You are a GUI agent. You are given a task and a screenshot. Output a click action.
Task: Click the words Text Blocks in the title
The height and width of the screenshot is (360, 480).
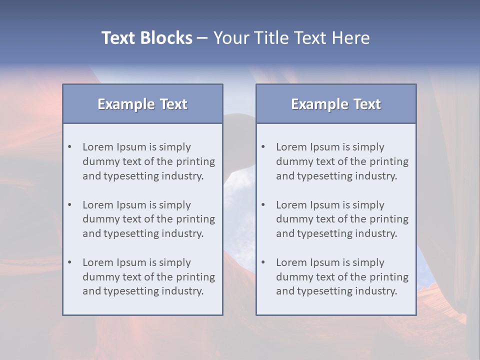pyautogui.click(x=146, y=38)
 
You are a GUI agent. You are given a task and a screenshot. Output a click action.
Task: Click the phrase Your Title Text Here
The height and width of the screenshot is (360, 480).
pyautogui.click(x=291, y=38)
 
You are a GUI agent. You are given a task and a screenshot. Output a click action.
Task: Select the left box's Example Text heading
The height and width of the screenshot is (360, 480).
pyautogui.click(x=142, y=104)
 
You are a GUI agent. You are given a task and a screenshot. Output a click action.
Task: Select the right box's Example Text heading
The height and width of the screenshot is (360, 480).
pyautogui.click(x=336, y=104)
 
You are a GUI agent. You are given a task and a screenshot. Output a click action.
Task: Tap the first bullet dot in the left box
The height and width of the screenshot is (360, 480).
pyautogui.click(x=70, y=147)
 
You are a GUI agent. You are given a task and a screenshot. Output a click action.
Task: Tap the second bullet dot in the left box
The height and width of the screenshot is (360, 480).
pyautogui.click(x=70, y=205)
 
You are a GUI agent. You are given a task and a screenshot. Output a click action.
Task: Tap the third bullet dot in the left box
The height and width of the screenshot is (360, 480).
pyautogui.click(x=70, y=262)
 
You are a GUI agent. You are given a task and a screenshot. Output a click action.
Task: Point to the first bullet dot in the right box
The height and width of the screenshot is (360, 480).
pyautogui.click(x=263, y=147)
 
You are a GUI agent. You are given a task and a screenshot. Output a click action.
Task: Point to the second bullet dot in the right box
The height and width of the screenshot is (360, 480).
pyautogui.click(x=263, y=205)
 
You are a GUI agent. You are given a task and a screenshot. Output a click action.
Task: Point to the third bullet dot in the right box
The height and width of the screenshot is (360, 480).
pyautogui.click(x=263, y=262)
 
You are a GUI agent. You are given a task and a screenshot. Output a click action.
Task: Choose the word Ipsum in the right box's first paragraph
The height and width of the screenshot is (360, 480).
pyautogui.click(x=325, y=147)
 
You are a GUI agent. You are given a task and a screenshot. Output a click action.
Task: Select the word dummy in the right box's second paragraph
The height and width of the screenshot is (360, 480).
pyautogui.click(x=292, y=219)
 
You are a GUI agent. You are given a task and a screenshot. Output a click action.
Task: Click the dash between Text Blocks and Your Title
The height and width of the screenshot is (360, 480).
pyautogui.click(x=202, y=38)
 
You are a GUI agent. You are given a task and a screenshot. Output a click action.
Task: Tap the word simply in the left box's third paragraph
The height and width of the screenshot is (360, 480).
pyautogui.click(x=174, y=262)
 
